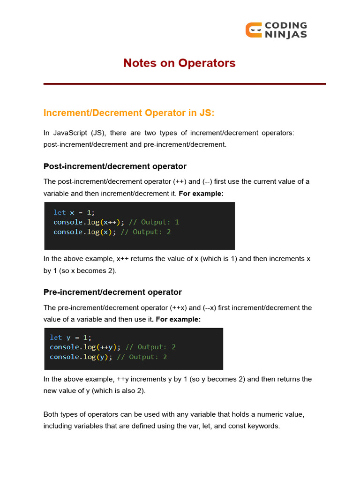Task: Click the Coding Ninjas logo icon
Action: tap(254, 30)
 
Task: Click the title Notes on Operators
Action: tap(180, 63)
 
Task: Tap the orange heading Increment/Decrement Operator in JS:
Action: tap(128, 113)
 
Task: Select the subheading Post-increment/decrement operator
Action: tap(115, 166)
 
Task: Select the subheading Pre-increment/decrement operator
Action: tap(112, 292)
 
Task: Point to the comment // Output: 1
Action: tap(154, 222)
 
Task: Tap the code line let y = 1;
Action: tap(71, 337)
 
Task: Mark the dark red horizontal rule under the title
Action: tap(184, 84)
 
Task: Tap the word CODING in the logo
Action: tap(285, 25)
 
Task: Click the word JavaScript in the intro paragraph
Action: tap(70, 133)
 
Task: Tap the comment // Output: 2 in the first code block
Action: tap(145, 232)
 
